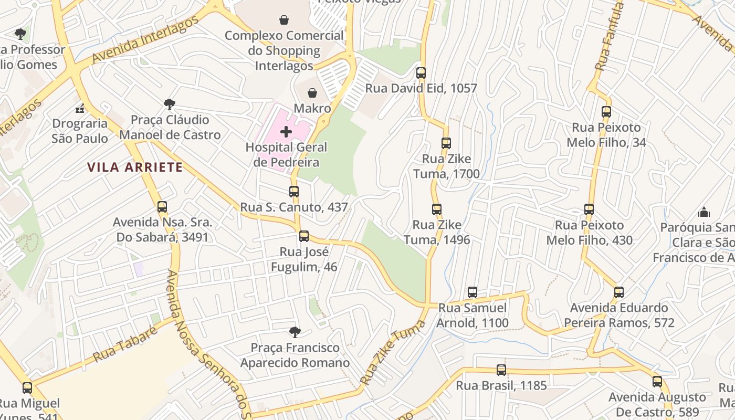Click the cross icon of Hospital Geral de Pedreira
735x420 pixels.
point(286,131)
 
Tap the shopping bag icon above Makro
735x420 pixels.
point(312,93)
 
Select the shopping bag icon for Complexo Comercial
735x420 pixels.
point(284,20)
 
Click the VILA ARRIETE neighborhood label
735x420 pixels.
point(135,167)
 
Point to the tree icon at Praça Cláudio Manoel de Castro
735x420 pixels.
point(169,104)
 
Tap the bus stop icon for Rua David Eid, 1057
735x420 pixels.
point(421,73)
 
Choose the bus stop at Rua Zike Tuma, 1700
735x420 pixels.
point(446,143)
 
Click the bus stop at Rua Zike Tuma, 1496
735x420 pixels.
point(436,209)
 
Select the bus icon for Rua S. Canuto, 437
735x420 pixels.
point(294,192)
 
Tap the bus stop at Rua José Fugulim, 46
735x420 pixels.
point(304,236)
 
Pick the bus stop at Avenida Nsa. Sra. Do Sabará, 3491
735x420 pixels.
point(162,207)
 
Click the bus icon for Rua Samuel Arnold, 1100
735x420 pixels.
point(472,292)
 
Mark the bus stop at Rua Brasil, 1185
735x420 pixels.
point(501,370)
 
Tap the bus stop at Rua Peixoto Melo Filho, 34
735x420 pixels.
point(606,112)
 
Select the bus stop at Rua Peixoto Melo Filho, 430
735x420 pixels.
point(589,209)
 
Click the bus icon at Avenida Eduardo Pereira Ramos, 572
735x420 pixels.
point(619,292)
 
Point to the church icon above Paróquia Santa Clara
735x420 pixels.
point(703,212)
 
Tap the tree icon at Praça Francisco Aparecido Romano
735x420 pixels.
point(295,332)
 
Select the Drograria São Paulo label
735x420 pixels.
point(80,131)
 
